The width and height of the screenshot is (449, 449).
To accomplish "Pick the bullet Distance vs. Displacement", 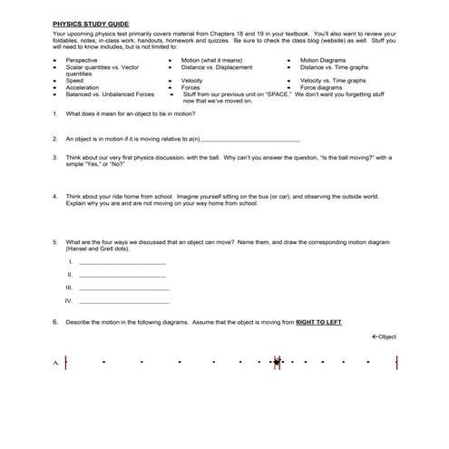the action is tap(217, 66).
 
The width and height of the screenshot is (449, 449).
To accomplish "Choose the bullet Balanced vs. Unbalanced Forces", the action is tap(110, 93).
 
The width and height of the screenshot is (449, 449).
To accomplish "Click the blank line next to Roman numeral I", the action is tap(122, 263).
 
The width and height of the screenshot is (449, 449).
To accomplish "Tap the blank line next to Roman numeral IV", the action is tap(124, 302).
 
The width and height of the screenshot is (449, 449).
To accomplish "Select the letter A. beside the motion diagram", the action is tap(56, 364).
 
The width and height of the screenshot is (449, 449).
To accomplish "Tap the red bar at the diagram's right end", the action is tap(397, 363).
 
